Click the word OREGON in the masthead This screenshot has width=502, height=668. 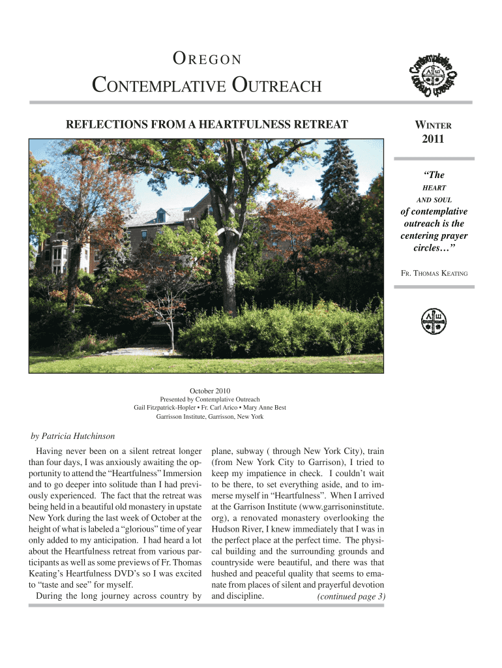point(207,60)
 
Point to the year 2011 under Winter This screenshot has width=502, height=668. point(434,138)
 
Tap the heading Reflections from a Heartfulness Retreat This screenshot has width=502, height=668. point(204,124)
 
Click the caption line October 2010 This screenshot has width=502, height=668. point(210,390)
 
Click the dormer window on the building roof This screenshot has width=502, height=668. point(161,215)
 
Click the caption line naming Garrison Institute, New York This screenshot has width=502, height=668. point(210,416)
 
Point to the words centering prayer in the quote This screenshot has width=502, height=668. point(434,235)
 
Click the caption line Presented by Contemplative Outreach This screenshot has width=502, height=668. point(210,399)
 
